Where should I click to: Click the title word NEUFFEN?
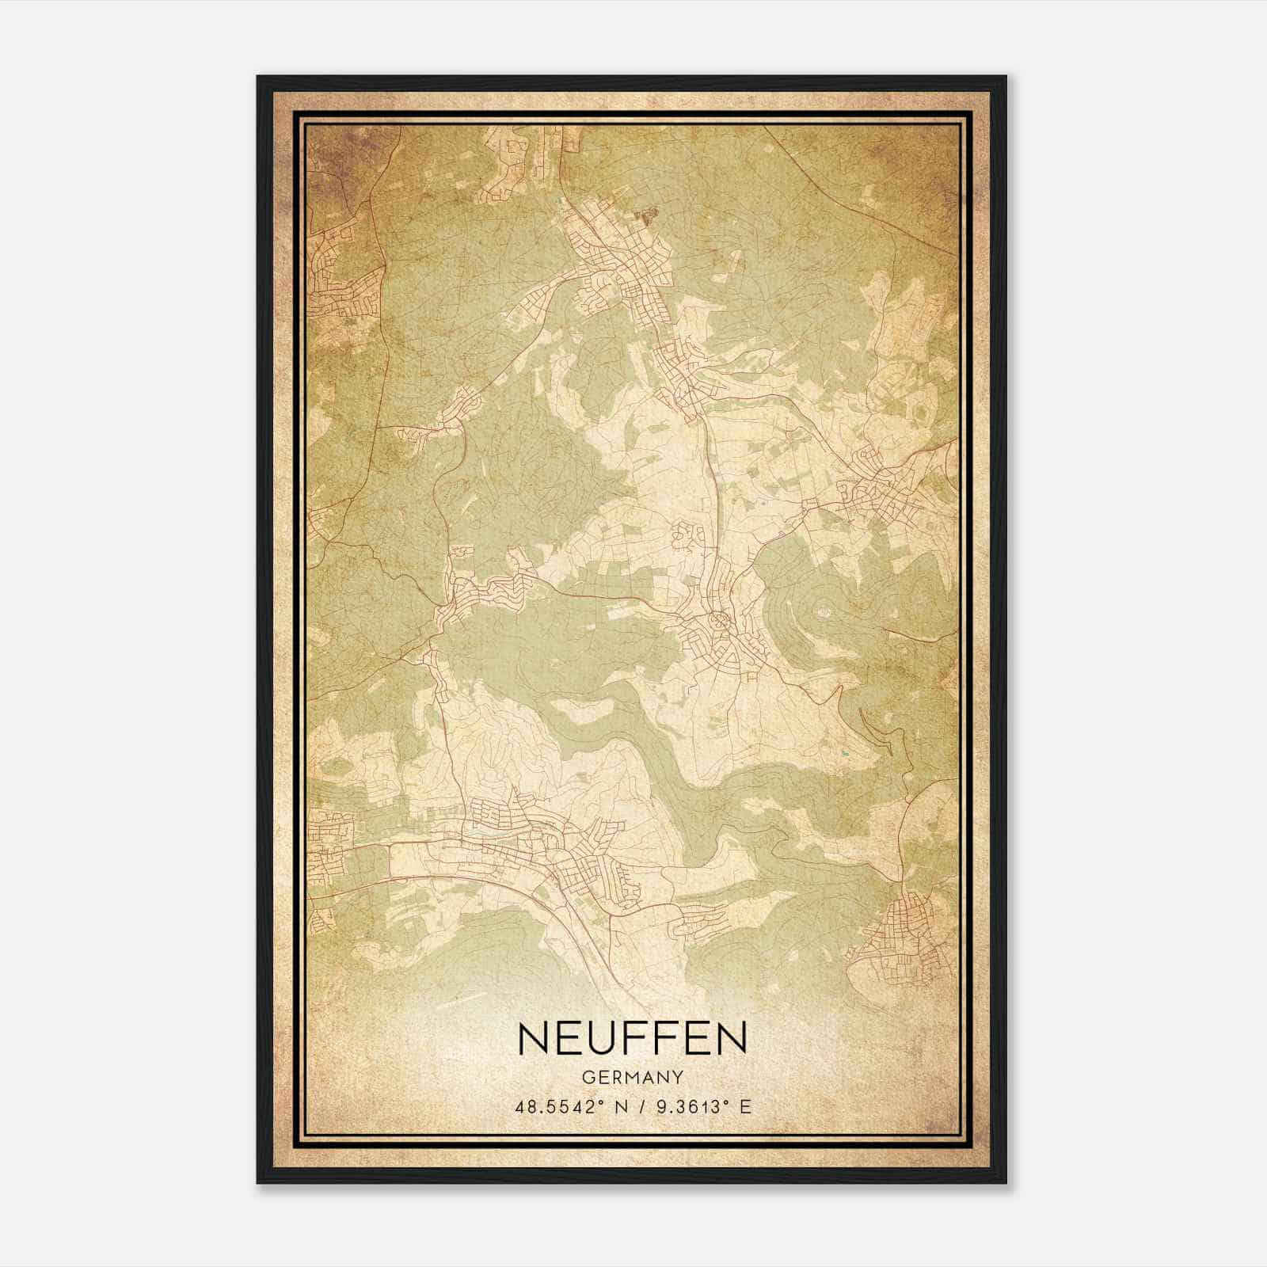632,1038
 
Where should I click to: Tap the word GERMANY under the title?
632,1077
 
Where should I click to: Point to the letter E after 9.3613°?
744,1107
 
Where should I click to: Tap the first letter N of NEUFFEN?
533,1038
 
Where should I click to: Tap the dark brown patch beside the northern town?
651,213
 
